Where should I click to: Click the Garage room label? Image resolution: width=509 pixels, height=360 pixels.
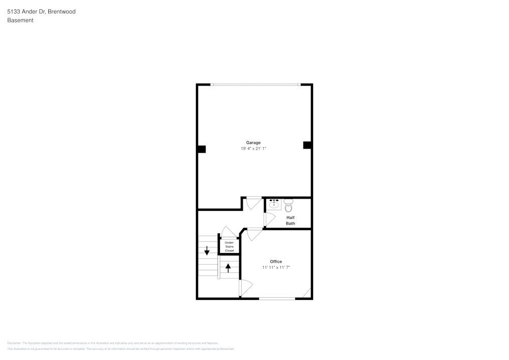pyautogui.click(x=253, y=143)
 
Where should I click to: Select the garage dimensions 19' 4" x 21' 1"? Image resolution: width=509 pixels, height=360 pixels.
pyautogui.click(x=253, y=149)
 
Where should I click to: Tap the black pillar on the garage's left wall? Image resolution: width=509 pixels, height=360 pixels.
pyautogui.click(x=202, y=149)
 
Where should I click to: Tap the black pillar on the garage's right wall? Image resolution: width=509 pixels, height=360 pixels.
pyautogui.click(x=307, y=145)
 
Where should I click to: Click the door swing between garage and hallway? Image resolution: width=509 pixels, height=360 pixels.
pyautogui.click(x=253, y=203)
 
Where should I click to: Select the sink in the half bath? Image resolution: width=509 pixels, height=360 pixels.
pyautogui.click(x=274, y=204)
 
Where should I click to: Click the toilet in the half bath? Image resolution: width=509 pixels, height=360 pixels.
pyautogui.click(x=288, y=205)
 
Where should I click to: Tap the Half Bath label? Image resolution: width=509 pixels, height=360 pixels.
pyautogui.click(x=290, y=220)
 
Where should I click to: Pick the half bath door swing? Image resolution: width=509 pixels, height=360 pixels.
pyautogui.click(x=269, y=219)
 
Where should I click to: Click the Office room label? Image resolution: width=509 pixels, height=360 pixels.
pyautogui.click(x=276, y=262)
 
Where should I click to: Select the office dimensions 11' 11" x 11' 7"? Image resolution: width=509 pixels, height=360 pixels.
pyautogui.click(x=276, y=267)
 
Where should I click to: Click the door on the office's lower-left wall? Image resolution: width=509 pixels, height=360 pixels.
pyautogui.click(x=245, y=288)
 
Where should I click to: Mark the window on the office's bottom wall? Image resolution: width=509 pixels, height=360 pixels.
pyautogui.click(x=277, y=298)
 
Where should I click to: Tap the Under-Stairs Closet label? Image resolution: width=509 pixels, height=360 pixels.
pyautogui.click(x=230, y=246)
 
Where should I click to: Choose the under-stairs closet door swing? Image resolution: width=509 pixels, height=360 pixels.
pyautogui.click(x=229, y=232)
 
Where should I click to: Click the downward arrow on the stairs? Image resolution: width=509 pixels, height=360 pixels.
pyautogui.click(x=207, y=251)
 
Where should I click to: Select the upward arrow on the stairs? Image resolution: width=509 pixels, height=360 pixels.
pyautogui.click(x=228, y=267)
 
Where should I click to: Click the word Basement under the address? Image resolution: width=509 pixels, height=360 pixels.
pyautogui.click(x=20, y=20)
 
